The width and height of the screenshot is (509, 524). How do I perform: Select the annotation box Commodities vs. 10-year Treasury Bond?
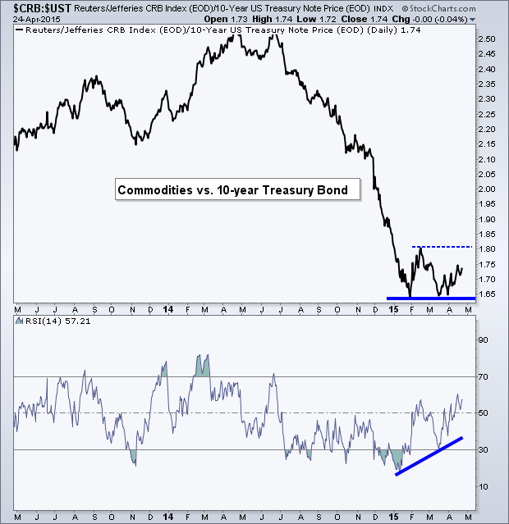[232, 190]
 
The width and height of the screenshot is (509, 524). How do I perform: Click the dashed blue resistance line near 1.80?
[443, 247]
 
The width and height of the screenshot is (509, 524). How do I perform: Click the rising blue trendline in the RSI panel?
[429, 456]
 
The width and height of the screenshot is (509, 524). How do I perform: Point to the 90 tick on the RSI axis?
[483, 339]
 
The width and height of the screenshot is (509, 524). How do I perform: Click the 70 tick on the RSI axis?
[483, 376]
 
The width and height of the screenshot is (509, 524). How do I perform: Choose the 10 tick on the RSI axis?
[483, 486]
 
